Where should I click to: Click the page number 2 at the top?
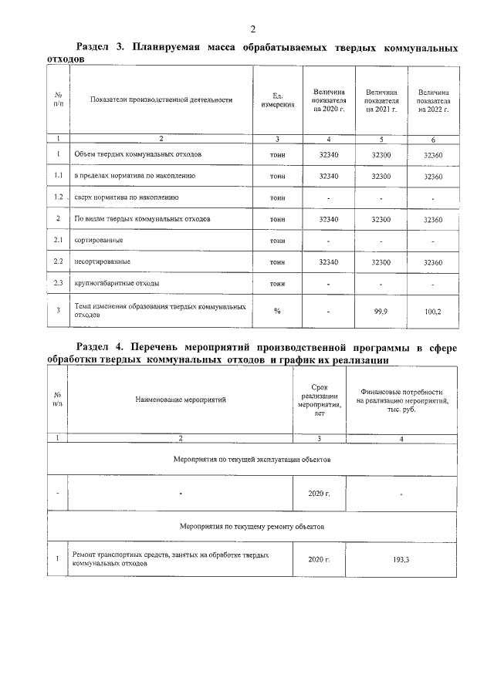(x=252, y=29)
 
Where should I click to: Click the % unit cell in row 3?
(x=277, y=311)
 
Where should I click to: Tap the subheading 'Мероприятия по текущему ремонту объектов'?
(x=252, y=527)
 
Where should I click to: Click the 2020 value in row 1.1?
(x=329, y=176)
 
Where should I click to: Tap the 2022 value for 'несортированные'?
(x=432, y=262)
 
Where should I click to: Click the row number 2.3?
(x=58, y=283)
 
